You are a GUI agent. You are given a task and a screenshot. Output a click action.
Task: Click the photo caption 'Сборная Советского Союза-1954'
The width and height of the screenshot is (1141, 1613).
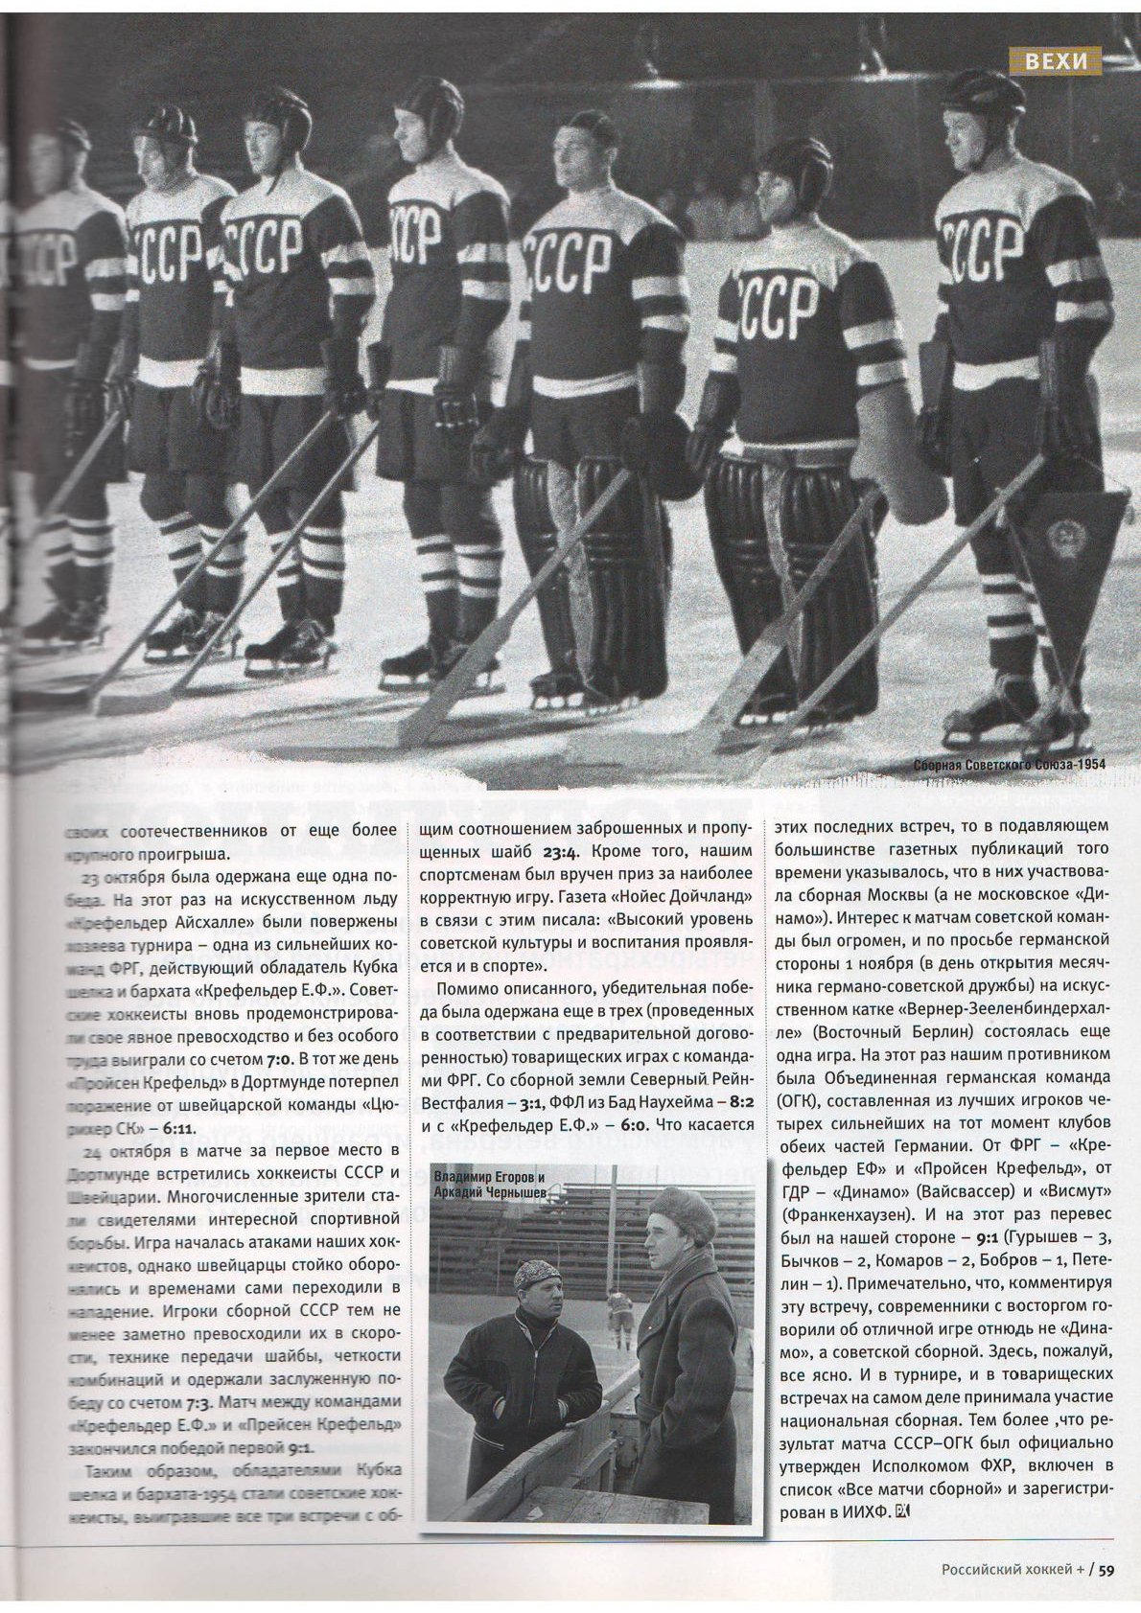[x=1009, y=766]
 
